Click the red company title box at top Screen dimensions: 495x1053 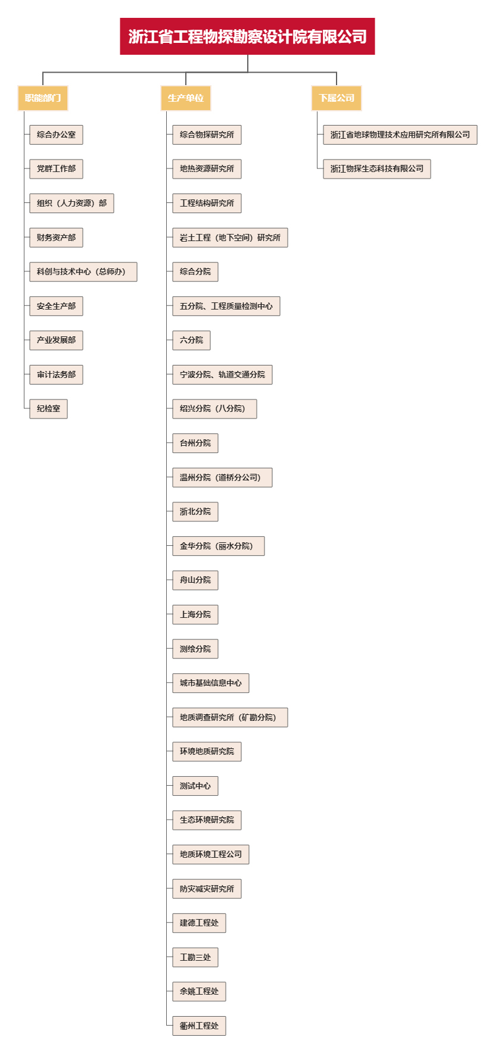click(x=247, y=36)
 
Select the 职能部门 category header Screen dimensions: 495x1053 click(x=43, y=98)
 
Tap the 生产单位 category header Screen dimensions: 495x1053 click(x=186, y=98)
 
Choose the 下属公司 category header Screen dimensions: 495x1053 click(x=337, y=98)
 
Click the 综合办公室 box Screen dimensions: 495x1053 click(x=56, y=135)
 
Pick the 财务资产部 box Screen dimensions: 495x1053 click(x=56, y=238)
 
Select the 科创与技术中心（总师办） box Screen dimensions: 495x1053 click(x=83, y=271)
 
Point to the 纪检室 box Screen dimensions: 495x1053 click(x=48, y=409)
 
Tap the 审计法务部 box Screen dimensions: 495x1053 click(x=56, y=374)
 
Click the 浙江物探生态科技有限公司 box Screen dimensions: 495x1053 click(x=377, y=169)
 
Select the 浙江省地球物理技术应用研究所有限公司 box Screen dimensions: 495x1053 click(x=400, y=135)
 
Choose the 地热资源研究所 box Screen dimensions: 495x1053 click(x=207, y=169)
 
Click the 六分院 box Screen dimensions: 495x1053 click(x=191, y=340)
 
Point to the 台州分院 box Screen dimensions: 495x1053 click(x=195, y=443)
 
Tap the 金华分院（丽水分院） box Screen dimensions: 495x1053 click(x=219, y=546)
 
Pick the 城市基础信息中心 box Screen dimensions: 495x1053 click(x=211, y=683)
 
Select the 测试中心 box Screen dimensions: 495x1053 click(x=195, y=786)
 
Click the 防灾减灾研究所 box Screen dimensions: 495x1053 click(x=207, y=889)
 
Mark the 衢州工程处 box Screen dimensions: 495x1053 click(x=199, y=1026)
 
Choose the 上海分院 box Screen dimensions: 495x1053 click(x=195, y=614)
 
